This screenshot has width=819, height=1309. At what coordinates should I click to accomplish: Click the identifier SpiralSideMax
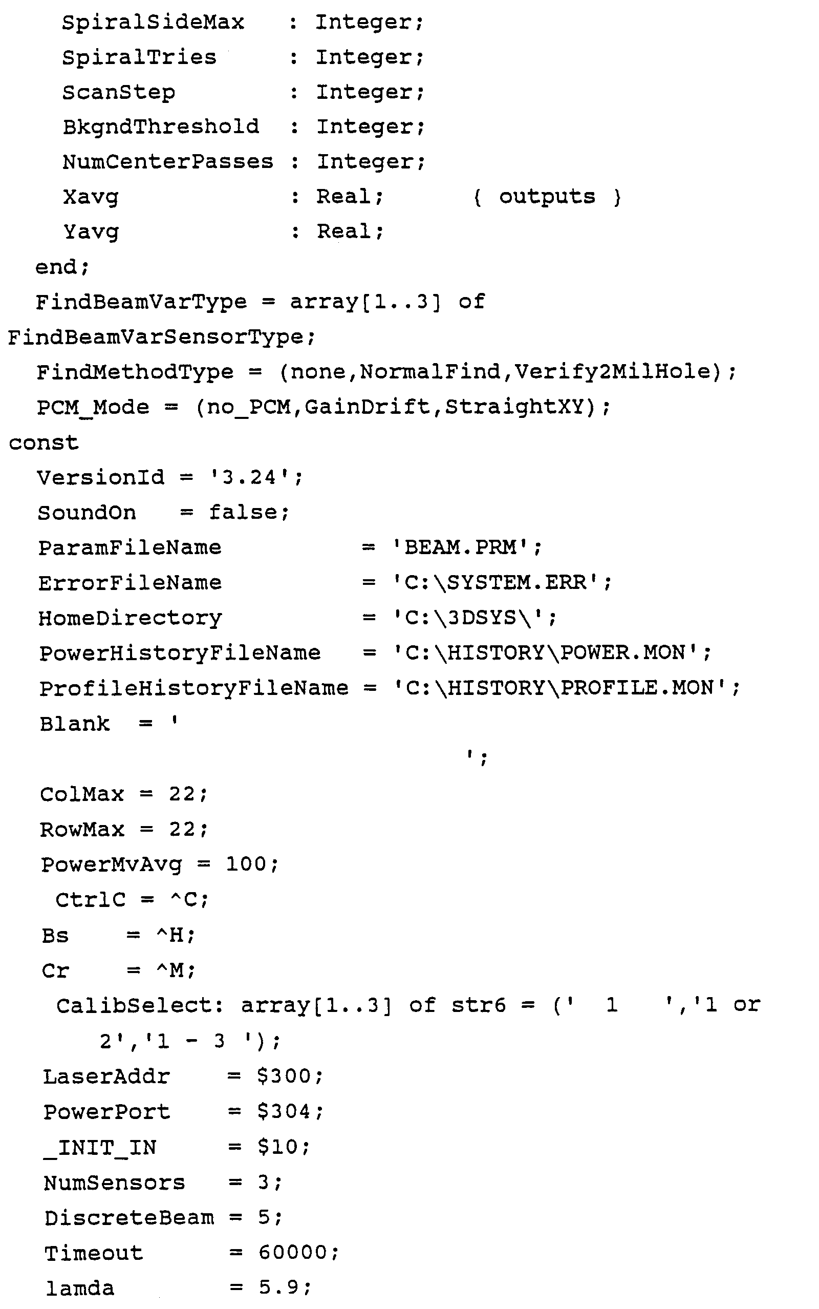(153, 22)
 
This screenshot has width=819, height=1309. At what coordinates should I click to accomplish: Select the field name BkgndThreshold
(161, 127)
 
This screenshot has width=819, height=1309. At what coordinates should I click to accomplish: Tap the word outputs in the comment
(547, 196)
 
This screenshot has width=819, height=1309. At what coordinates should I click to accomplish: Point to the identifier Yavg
(91, 232)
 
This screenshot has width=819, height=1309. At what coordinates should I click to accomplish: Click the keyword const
(44, 442)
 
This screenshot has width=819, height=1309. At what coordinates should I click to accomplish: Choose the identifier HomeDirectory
(130, 618)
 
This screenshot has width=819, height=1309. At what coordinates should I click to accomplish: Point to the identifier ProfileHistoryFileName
(194, 688)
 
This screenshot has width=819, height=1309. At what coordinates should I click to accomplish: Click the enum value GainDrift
(367, 407)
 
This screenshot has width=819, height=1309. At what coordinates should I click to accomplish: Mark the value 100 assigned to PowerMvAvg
(246, 864)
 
